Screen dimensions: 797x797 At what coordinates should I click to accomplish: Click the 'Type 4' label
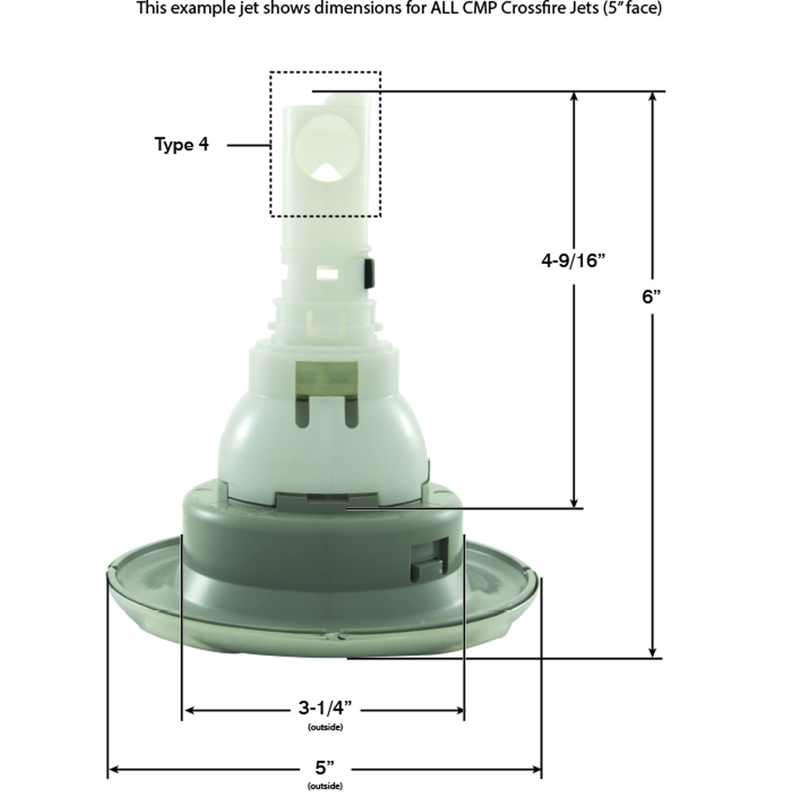tap(182, 144)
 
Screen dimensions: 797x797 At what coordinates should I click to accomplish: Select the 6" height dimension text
tap(651, 297)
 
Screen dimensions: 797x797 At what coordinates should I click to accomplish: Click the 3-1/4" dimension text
tap(325, 707)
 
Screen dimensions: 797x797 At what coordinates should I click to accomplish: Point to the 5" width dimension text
tap(324, 768)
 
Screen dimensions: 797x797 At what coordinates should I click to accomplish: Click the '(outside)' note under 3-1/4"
tap(325, 727)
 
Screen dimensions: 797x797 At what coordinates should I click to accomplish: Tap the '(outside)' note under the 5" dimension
tap(325, 787)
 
